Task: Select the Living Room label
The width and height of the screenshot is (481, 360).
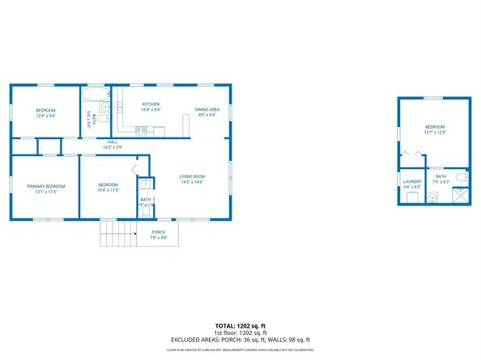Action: (x=192, y=178)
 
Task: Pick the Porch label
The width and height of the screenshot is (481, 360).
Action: (x=158, y=234)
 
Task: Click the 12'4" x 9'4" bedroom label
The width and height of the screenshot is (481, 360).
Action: (x=45, y=112)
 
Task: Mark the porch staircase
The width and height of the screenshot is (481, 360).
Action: (x=115, y=233)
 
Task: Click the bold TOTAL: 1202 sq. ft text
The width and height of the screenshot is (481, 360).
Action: (x=240, y=324)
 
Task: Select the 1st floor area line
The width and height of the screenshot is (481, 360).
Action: (x=240, y=332)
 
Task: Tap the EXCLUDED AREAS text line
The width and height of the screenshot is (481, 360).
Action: (x=240, y=340)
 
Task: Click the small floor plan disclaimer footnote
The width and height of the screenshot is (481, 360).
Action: (x=240, y=349)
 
